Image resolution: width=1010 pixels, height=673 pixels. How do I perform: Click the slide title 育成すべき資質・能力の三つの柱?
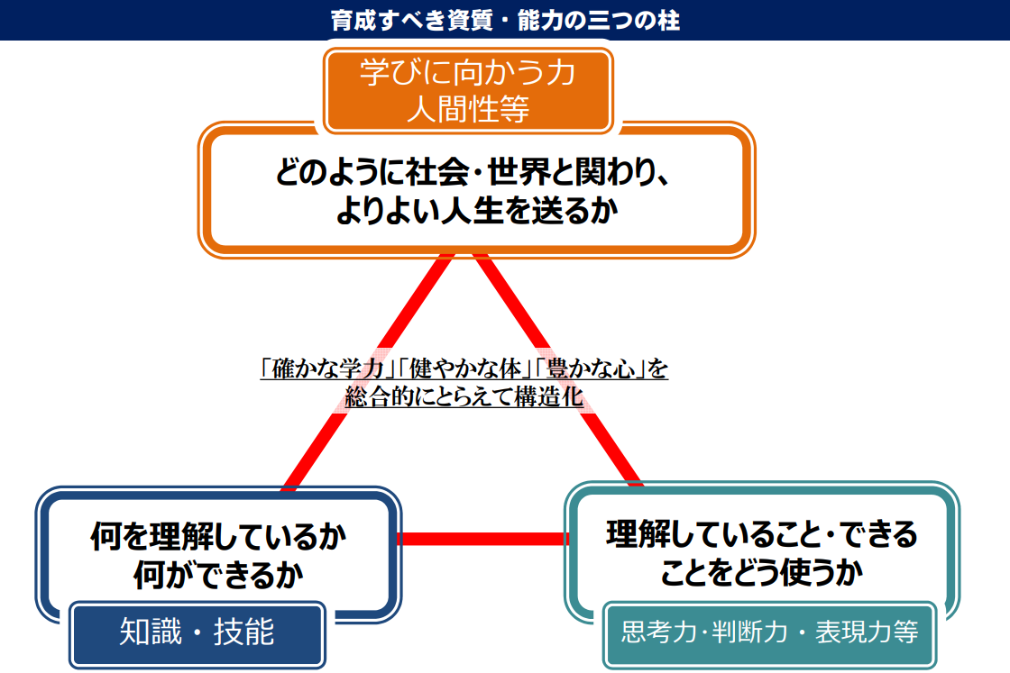point(505,20)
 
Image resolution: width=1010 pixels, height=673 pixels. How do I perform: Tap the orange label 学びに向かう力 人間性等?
point(468,91)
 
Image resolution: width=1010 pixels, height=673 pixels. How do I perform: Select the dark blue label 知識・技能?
point(197,633)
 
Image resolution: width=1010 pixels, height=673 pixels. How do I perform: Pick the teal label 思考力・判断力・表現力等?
point(770,633)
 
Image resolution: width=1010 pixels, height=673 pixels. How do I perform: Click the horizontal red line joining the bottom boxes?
point(483,539)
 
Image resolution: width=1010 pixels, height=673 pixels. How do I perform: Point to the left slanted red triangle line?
point(368,372)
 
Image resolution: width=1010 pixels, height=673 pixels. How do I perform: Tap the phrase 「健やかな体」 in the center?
point(464,369)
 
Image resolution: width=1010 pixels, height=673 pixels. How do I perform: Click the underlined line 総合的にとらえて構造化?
point(464,396)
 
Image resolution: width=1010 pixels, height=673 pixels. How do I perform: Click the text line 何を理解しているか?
point(218,536)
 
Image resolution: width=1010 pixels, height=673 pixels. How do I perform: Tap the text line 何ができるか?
point(218,575)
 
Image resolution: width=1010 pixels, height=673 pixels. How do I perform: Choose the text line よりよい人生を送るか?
point(477,211)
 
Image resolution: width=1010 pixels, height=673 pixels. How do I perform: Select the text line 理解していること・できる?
point(762,534)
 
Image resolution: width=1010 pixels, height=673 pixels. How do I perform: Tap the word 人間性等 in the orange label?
point(468,108)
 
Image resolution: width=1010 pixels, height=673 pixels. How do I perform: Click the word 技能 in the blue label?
point(244,632)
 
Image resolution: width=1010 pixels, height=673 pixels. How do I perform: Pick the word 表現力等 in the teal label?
point(867,632)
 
